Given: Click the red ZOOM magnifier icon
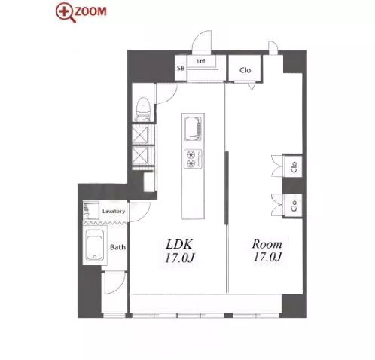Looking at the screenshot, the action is click(x=65, y=13).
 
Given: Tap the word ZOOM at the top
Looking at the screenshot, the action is click(x=90, y=11).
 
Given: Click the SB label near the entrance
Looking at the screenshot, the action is click(x=181, y=68).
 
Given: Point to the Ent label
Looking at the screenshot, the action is click(x=200, y=61).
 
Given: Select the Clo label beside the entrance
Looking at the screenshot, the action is click(x=245, y=70).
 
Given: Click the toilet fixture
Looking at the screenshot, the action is click(x=143, y=109).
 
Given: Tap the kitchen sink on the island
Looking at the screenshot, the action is click(x=193, y=128).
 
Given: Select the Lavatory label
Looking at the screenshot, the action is click(x=114, y=212).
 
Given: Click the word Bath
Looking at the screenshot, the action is click(x=117, y=247).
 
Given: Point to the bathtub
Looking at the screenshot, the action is click(x=95, y=246).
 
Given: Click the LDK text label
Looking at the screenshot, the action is click(x=179, y=244).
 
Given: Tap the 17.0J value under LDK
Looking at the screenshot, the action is click(x=180, y=258).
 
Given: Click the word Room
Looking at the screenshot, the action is click(x=267, y=244).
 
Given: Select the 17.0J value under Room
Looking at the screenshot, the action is click(x=267, y=257).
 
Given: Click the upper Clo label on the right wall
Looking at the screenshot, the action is click(x=294, y=167).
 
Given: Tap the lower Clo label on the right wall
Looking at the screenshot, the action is click(x=294, y=206).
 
